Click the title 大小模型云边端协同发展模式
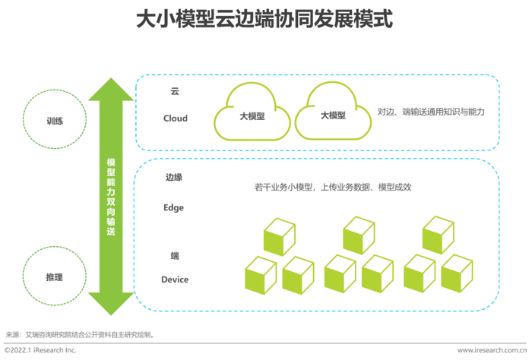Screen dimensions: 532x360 tap(264, 19)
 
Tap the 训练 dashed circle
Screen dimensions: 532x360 tap(55, 90)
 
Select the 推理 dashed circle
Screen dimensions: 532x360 tap(55, 247)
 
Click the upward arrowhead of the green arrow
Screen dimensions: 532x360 tap(111, 90)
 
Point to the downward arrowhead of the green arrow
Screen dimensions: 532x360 tap(111, 304)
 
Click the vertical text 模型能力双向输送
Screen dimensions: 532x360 tap(111, 197)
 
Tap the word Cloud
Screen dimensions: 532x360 tap(176, 118)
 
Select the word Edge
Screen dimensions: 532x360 tap(174, 207)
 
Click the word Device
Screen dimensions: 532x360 tap(175, 279)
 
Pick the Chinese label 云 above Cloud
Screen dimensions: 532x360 tap(175, 91)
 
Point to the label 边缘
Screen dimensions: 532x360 tap(174, 177)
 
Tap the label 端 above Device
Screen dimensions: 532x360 tap(175, 255)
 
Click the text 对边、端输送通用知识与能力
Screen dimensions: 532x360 tap(431, 112)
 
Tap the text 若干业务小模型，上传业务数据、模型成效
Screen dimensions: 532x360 tap(333, 187)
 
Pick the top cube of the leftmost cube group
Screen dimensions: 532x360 tap(280, 237)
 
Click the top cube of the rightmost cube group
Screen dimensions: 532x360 tap(439, 235)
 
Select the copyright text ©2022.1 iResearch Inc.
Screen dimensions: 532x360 tap(40, 350)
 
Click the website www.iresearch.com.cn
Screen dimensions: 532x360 tap(492, 350)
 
